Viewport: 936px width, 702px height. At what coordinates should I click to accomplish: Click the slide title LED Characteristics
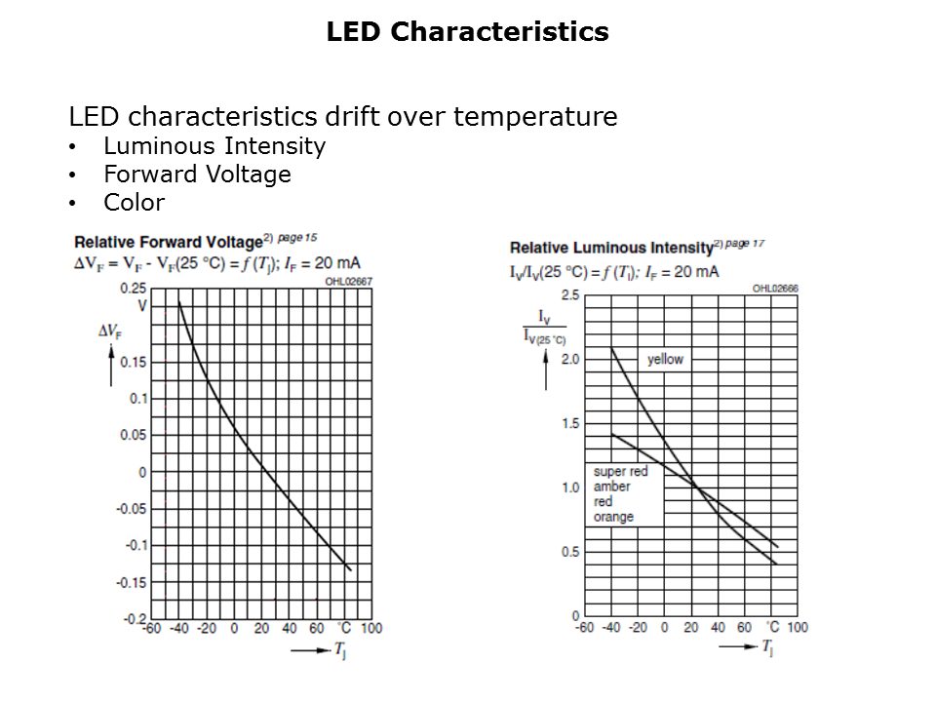467,32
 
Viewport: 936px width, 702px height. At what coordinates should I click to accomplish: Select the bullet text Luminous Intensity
214,146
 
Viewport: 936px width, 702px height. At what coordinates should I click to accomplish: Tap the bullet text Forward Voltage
197,175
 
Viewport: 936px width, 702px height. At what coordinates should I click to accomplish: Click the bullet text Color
134,203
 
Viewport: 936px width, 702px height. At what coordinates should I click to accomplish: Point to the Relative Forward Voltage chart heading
168,242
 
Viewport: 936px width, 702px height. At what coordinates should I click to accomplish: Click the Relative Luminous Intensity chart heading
611,248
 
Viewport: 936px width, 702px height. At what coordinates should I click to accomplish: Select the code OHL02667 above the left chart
348,281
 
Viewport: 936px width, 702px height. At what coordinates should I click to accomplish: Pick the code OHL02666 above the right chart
774,289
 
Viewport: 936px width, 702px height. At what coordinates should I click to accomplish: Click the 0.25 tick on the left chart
134,289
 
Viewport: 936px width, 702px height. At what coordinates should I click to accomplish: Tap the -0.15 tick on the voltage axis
132,582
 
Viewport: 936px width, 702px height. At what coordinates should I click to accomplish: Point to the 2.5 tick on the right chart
569,295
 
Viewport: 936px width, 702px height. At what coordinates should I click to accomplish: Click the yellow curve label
665,360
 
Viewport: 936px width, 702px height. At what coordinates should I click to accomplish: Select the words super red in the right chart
620,472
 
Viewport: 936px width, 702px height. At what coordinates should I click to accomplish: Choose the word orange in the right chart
613,517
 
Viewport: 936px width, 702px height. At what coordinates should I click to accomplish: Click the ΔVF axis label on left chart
109,331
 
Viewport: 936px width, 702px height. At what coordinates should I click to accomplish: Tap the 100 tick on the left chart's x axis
371,629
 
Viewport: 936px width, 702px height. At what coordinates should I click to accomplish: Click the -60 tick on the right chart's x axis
583,627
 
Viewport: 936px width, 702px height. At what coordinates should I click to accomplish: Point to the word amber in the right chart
611,487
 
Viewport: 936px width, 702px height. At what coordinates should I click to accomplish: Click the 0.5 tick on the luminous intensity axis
569,552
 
